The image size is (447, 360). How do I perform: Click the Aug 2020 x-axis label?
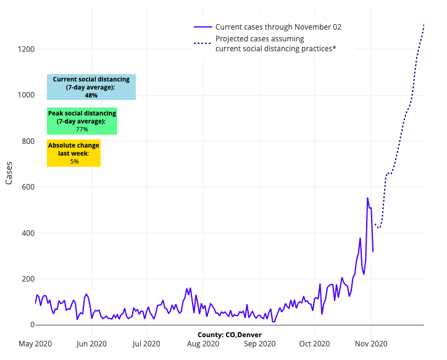click(203, 344)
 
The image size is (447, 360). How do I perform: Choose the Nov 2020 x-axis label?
click(370, 344)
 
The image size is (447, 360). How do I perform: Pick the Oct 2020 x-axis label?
click(314, 344)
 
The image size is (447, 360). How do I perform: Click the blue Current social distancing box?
click(91, 87)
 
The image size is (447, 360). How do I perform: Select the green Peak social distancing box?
click(82, 121)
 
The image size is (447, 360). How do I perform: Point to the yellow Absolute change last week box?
click(73, 153)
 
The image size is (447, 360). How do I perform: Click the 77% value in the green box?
click(82, 130)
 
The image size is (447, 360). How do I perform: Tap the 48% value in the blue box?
click(91, 96)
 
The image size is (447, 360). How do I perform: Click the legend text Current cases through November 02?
click(278, 27)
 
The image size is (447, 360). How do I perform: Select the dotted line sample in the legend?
click(203, 43)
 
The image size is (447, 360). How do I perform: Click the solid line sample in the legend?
click(203, 27)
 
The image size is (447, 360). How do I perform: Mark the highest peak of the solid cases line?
click(367, 198)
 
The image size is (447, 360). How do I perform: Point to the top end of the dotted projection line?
click(424, 24)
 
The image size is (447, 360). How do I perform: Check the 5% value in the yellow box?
click(74, 161)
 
